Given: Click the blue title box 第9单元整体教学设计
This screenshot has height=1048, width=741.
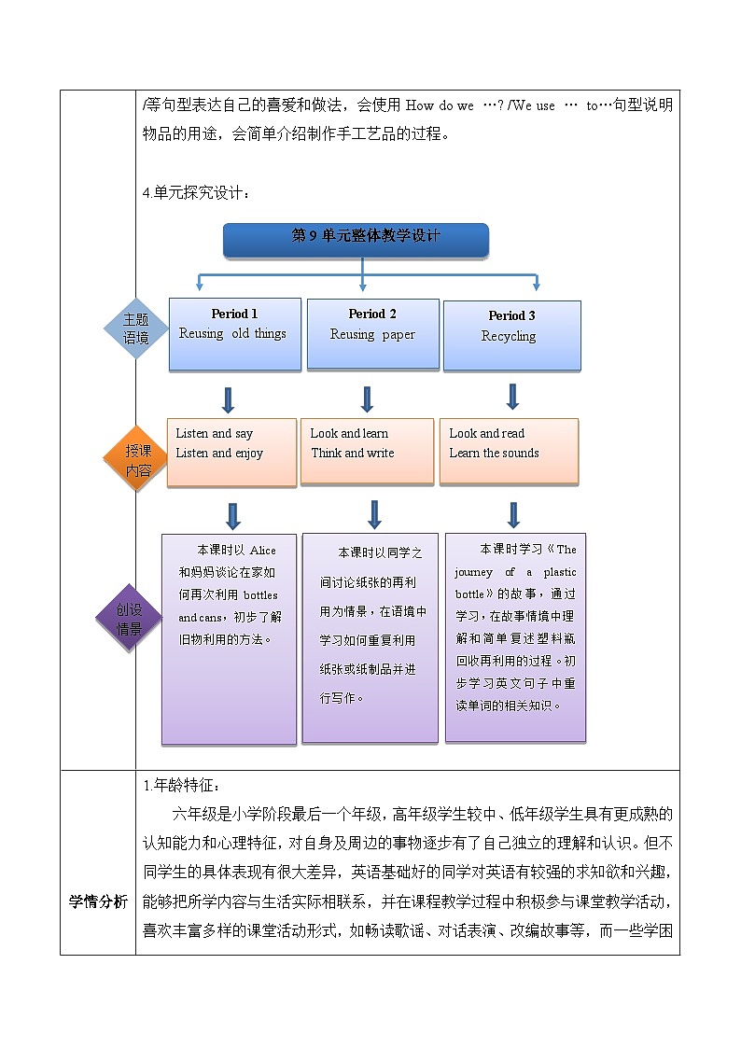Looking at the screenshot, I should (356, 239).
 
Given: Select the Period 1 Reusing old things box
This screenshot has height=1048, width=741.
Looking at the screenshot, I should (234, 334).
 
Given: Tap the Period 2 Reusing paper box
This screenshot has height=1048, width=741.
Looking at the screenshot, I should (372, 334).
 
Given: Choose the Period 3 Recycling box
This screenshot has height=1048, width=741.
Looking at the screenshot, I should (511, 336).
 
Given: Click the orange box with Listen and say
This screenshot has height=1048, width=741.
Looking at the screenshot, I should (231, 452).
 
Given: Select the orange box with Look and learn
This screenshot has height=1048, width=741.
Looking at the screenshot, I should (371, 451).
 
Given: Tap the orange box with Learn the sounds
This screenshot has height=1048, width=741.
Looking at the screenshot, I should (509, 451).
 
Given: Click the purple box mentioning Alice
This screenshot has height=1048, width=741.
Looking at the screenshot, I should (229, 638).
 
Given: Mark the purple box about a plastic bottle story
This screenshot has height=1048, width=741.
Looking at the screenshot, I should (515, 636).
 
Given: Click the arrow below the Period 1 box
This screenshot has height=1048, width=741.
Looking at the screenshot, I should (228, 399).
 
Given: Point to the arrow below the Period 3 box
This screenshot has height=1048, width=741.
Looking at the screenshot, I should (512, 397).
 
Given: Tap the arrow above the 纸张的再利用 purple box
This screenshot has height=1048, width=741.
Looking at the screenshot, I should (374, 515).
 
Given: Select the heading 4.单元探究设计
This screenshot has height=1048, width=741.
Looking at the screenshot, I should (196, 193).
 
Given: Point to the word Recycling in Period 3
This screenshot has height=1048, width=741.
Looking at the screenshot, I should (509, 336).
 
